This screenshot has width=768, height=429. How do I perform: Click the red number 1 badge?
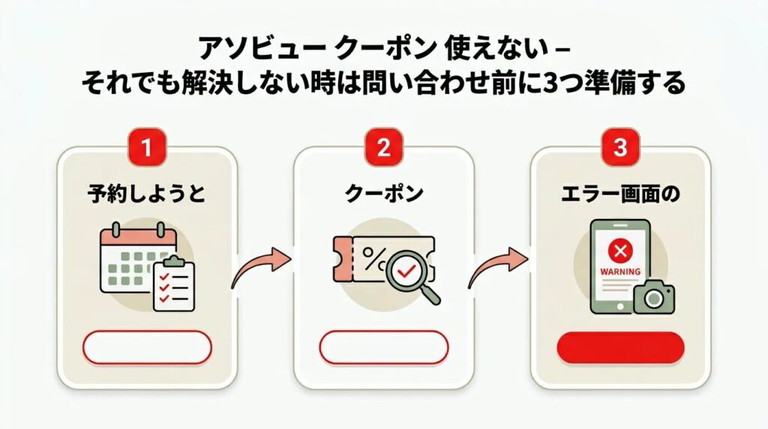(147, 148)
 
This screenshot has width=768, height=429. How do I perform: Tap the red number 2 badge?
(383, 148)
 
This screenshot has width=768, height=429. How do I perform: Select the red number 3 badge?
(620, 148)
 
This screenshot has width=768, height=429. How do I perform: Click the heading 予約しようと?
(147, 193)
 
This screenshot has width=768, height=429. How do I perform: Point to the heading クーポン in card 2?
(383, 193)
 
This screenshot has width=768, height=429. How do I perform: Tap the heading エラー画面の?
(620, 193)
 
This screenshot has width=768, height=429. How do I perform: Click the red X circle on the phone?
(619, 249)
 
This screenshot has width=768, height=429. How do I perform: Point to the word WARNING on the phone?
(619, 271)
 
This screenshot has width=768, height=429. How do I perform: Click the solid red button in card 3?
(620, 347)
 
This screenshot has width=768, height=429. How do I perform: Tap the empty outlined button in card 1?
(147, 347)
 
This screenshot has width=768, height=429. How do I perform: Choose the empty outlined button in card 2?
(383, 347)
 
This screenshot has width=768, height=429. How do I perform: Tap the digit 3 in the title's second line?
(539, 82)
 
